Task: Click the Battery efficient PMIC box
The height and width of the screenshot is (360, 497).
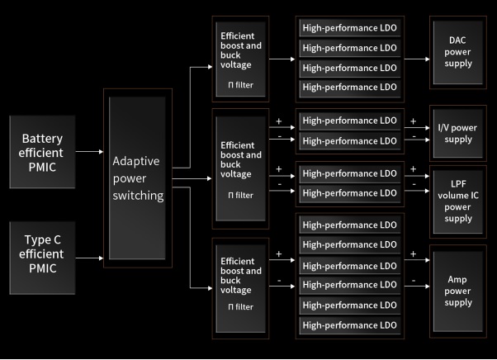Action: [41, 150]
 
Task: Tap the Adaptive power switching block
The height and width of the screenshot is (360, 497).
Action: [138, 176]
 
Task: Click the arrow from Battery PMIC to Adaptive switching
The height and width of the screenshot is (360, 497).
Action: [88, 151]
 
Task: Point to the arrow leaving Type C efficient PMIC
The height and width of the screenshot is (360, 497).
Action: [88, 258]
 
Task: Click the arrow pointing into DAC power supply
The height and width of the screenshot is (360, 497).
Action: [417, 59]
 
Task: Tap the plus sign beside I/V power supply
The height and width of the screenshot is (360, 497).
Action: [413, 121]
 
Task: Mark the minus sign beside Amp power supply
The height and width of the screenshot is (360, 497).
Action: [413, 279]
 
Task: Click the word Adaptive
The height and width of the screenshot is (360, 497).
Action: [135, 160]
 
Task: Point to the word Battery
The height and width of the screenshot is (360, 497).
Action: [41, 138]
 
